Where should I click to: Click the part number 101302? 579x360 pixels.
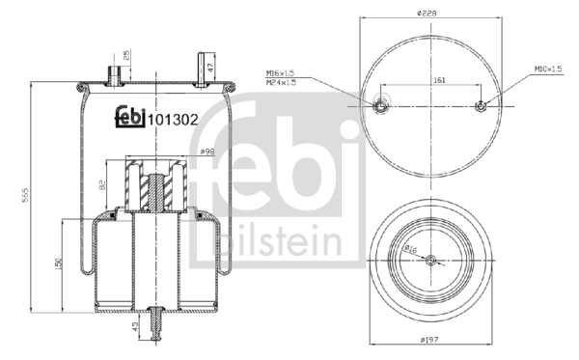tap(174, 120)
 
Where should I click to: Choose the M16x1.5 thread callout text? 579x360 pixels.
tap(281, 72)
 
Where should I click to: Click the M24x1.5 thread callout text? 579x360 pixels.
tap(281, 82)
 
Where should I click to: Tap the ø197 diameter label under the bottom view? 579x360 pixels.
tap(429, 341)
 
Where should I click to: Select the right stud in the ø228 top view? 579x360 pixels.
tap(480, 106)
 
